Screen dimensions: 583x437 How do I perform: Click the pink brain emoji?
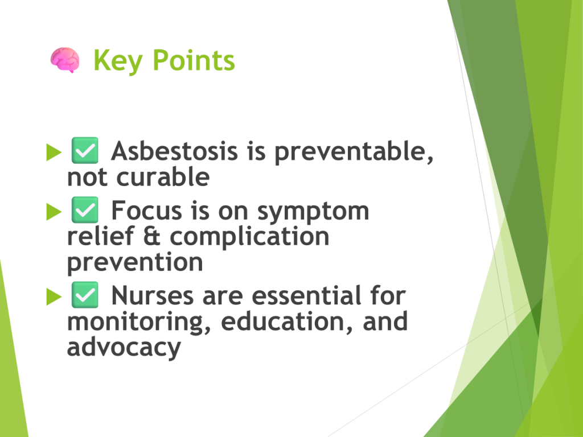point(65,60)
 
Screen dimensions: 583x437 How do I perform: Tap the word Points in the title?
point(194,60)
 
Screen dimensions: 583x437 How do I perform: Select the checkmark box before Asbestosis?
point(85,150)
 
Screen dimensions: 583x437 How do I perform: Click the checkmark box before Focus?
point(85,209)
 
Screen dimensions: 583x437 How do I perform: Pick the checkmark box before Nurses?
point(85,295)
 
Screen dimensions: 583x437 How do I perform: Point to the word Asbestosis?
point(174,151)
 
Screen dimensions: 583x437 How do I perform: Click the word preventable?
point(354,152)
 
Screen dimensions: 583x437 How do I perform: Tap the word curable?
point(163,176)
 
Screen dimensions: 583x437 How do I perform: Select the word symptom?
point(313,212)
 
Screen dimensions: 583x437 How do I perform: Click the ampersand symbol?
point(151,236)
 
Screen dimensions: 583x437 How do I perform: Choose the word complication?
point(249,237)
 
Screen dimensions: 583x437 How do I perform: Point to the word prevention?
point(135,263)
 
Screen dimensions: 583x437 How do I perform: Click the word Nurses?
point(153,296)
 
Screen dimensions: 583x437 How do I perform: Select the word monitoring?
point(139,323)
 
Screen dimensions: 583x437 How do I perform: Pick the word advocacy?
point(124,348)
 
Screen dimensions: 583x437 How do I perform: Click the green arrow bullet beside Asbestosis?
point(54,152)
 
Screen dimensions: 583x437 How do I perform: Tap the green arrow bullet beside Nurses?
point(54,296)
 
